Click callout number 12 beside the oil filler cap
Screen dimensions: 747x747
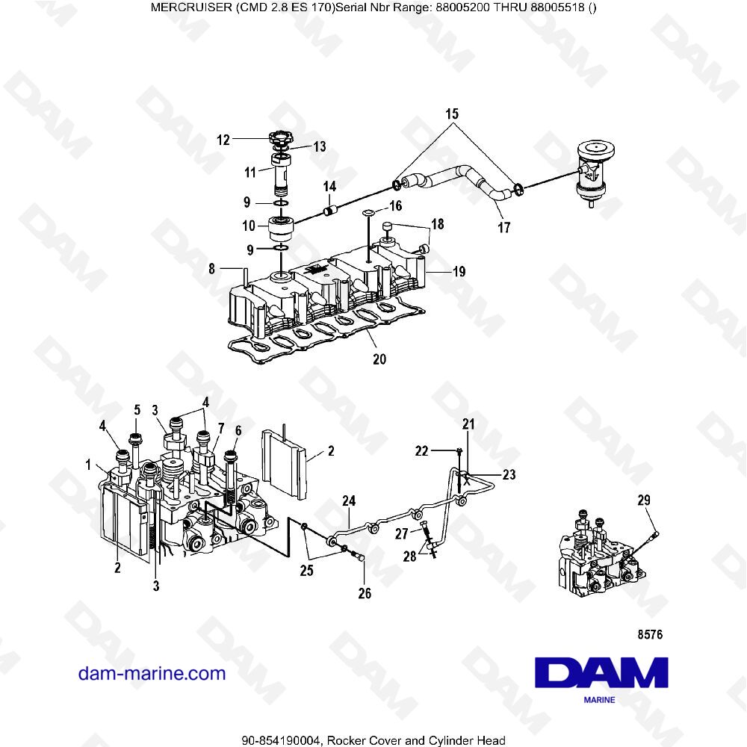click(x=224, y=138)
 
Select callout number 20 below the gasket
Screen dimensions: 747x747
click(x=379, y=359)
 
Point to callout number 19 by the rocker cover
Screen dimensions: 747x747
click(x=458, y=272)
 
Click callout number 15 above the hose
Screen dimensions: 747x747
click(x=452, y=114)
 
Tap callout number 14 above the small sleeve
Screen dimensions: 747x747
click(x=329, y=185)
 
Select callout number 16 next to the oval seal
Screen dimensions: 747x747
click(x=395, y=205)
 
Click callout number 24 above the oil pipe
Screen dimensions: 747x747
click(x=349, y=500)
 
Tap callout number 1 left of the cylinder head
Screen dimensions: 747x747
click(x=88, y=465)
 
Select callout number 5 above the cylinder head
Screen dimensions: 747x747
click(x=137, y=409)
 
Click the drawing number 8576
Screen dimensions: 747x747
click(x=650, y=635)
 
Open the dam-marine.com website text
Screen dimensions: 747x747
click(x=152, y=673)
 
